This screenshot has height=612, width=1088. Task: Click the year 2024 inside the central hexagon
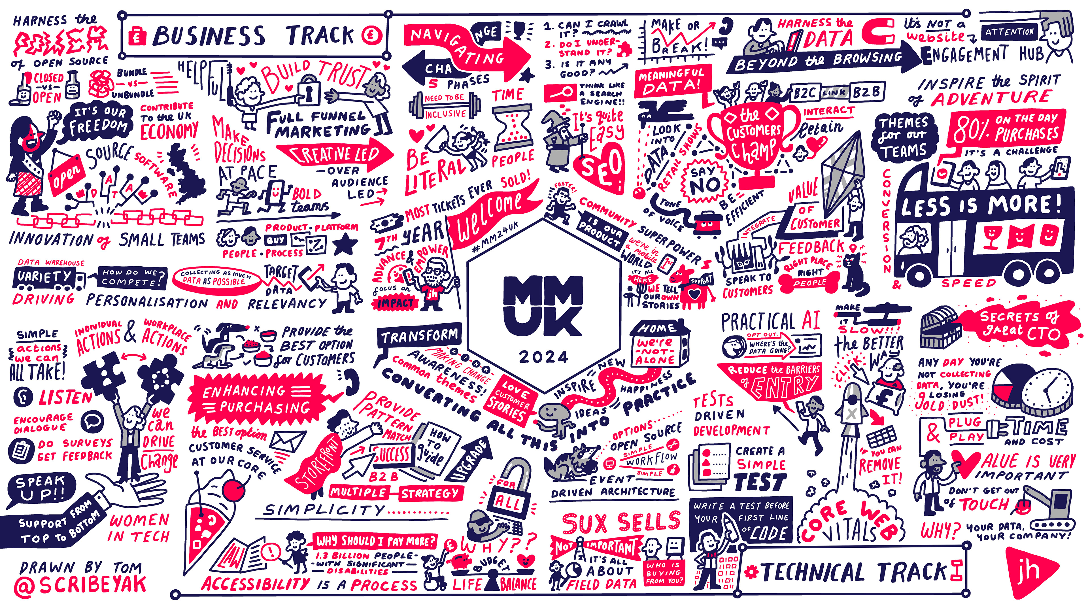coord(544,357)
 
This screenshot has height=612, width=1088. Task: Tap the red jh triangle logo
coord(1028,572)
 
